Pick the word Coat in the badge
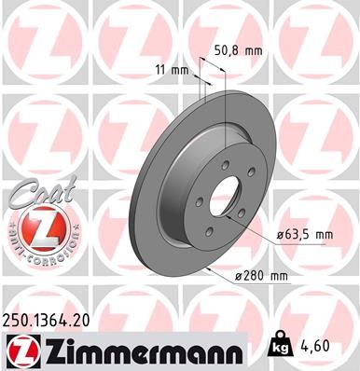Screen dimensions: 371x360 coord(37,194)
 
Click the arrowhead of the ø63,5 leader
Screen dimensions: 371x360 coord(244,224)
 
